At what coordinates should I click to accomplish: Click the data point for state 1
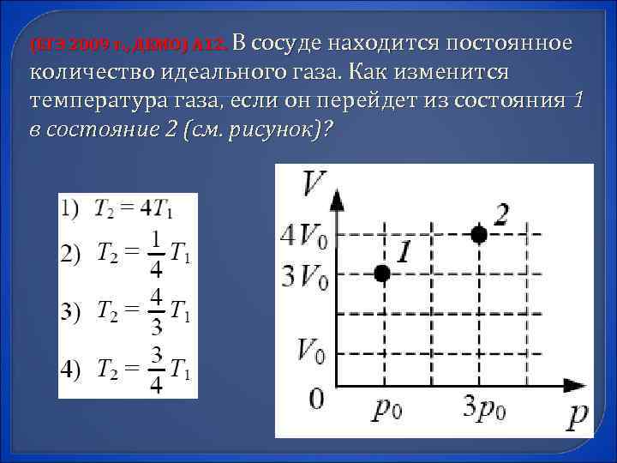click(x=382, y=273)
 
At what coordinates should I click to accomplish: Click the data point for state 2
click(x=479, y=233)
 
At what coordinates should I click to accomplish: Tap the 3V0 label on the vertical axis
click(x=303, y=276)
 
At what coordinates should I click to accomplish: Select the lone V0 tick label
click(x=310, y=350)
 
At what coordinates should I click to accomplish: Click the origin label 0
click(x=316, y=400)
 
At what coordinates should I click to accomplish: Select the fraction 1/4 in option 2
click(x=156, y=254)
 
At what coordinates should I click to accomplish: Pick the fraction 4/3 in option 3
click(x=156, y=311)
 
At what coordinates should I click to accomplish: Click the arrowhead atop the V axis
click(x=337, y=200)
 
